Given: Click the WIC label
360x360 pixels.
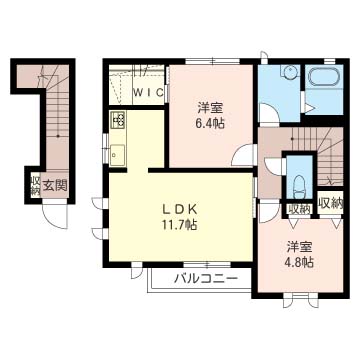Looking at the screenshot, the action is [149, 92].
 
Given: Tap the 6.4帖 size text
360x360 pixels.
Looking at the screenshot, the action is [210, 123].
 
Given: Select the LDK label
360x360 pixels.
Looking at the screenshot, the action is [180, 210].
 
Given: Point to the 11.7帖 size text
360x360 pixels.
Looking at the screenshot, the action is [180, 225].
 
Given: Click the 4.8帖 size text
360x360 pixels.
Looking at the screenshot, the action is [300, 263].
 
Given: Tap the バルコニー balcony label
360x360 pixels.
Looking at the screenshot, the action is [206, 277].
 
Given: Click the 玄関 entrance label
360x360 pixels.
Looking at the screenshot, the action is [55, 185].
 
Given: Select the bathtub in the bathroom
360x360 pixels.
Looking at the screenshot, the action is [325, 79].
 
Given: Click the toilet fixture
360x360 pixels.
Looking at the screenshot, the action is [298, 188].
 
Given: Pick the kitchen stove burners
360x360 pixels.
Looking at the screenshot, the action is [118, 120].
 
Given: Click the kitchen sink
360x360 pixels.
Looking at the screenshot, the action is [117, 155].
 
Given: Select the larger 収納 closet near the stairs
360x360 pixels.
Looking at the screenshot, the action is [330, 203].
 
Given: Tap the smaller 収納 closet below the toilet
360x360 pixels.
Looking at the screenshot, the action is [299, 209].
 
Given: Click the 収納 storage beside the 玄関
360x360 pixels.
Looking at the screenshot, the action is [35, 185].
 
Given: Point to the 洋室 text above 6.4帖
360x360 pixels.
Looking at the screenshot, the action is [210, 108].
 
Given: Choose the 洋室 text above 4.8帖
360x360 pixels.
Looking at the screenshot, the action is [300, 247].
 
